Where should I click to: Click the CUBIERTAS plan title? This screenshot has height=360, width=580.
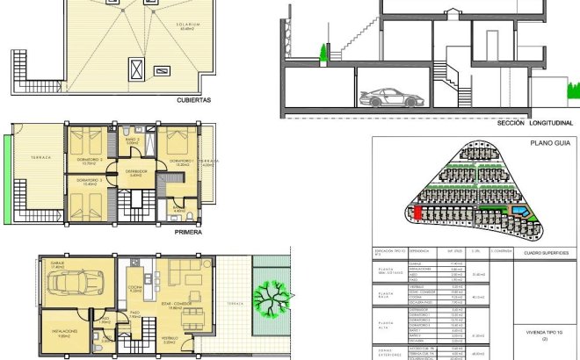192,100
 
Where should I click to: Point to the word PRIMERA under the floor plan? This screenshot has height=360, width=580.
189,233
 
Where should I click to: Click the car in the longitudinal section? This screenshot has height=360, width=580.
384,97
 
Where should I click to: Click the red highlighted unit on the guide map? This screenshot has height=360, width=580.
417,212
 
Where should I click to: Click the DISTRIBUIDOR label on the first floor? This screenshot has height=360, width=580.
135,171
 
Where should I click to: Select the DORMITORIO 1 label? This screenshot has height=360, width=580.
181,162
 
